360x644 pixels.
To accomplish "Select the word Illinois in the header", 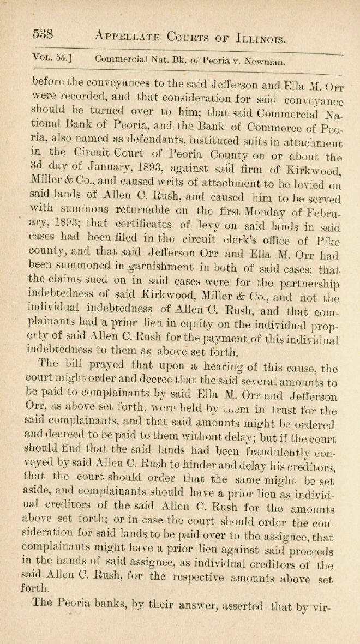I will [254, 38].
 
